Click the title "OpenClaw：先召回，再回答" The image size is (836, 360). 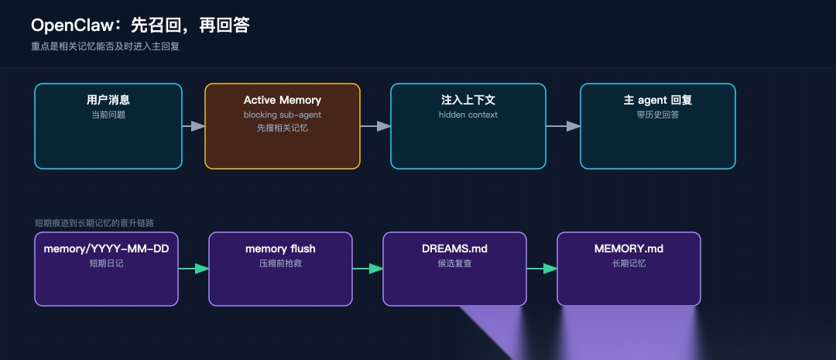[x=140, y=25]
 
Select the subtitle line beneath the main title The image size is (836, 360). [x=105, y=46]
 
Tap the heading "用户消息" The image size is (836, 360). [x=108, y=100]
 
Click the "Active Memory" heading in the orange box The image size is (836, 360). [x=283, y=100]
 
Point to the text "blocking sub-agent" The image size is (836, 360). [x=283, y=115]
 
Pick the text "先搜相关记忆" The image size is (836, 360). [x=283, y=128]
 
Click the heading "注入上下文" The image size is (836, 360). [x=468, y=100]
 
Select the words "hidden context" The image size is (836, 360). [x=468, y=115]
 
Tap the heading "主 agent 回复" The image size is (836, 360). [x=658, y=100]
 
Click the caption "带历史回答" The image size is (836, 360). [x=658, y=115]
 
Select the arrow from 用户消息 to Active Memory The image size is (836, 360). [x=194, y=126]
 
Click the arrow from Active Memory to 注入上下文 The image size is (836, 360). [x=375, y=126]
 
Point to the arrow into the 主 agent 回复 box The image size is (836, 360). [x=564, y=126]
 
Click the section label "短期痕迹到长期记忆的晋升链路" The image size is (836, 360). [x=94, y=223]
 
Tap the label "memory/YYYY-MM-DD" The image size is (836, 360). [x=107, y=249]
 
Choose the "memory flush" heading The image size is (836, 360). [x=280, y=249]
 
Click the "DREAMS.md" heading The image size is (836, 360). [x=455, y=249]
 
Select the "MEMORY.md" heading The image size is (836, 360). [x=629, y=249]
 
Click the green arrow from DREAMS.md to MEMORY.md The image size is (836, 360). [x=542, y=269]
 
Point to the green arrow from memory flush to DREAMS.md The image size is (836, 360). [x=368, y=269]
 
